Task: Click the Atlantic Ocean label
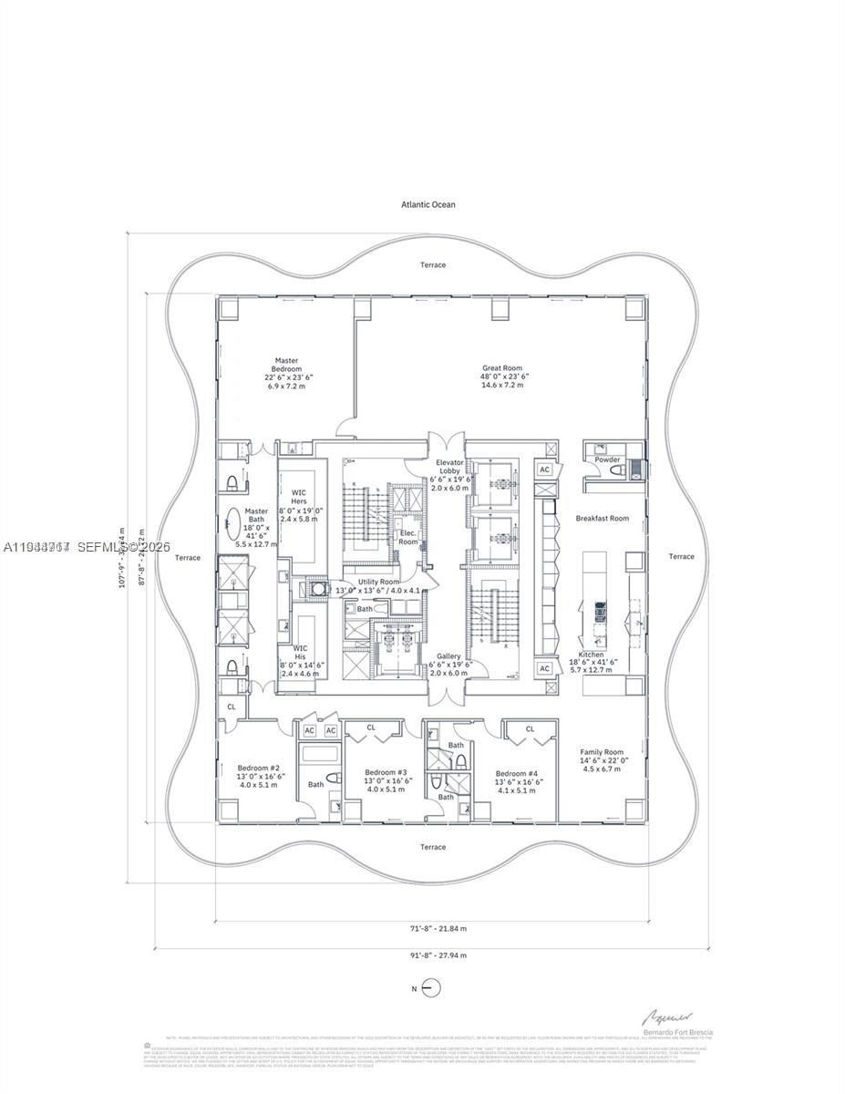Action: [x=428, y=204]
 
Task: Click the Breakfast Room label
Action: [x=602, y=518]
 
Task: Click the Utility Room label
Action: [x=378, y=582]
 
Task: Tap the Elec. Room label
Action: [x=408, y=536]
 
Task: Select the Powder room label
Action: [x=607, y=459]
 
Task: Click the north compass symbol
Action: [x=432, y=988]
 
